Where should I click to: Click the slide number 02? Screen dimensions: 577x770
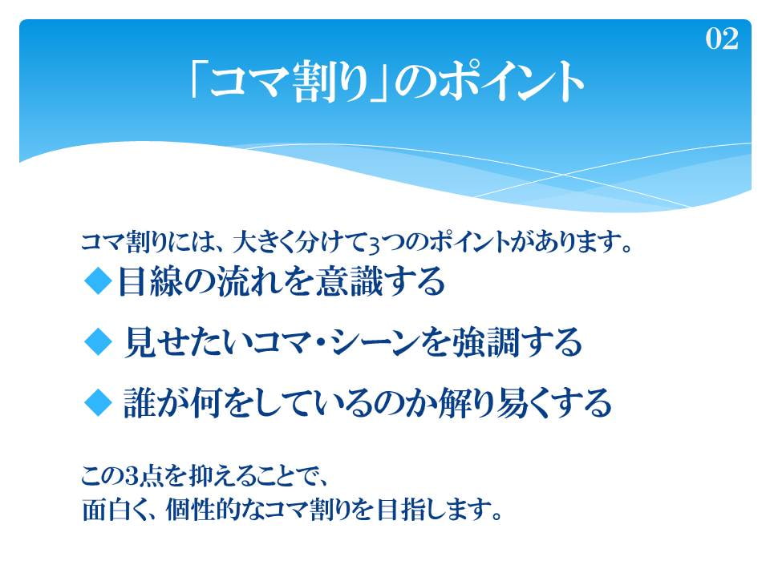[x=722, y=38]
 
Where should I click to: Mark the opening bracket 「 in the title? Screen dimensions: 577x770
[x=198, y=82]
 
